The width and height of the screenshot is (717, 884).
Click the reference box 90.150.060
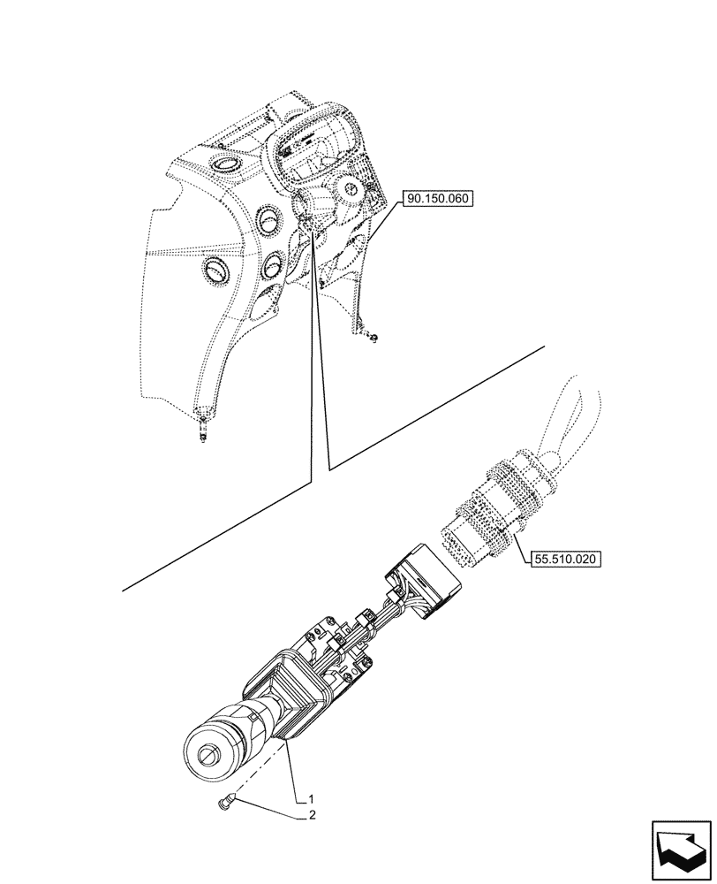point(439,200)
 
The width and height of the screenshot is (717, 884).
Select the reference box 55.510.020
point(565,559)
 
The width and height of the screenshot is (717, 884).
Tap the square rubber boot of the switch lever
point(291,690)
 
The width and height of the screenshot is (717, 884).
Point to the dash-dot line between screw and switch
point(256,778)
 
